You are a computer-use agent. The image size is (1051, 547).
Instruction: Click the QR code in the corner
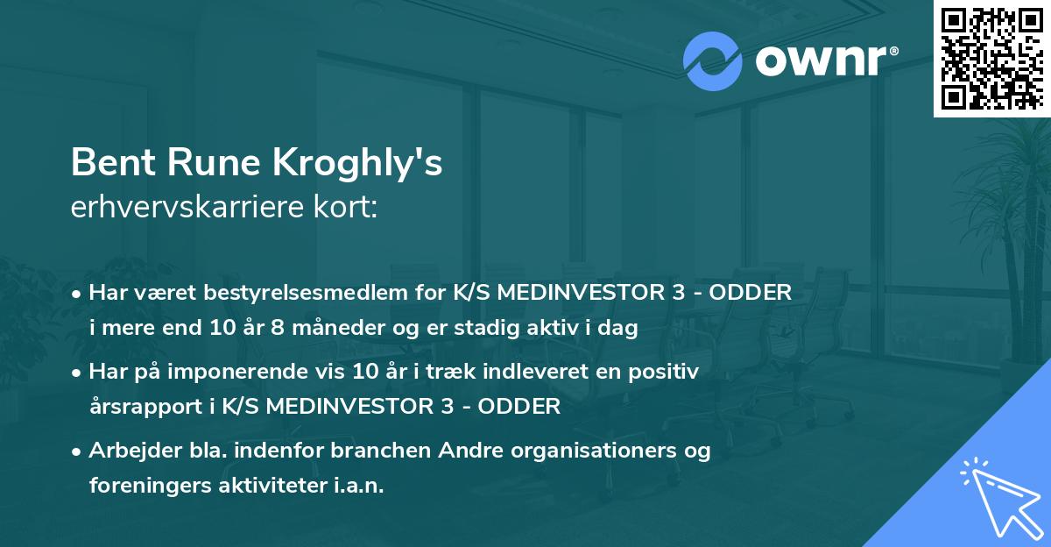click(x=991, y=58)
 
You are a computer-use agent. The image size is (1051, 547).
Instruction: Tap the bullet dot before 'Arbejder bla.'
click(x=78, y=452)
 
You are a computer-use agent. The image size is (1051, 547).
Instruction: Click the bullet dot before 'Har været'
click(x=78, y=295)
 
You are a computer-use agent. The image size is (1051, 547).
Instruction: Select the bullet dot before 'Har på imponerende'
click(x=78, y=373)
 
